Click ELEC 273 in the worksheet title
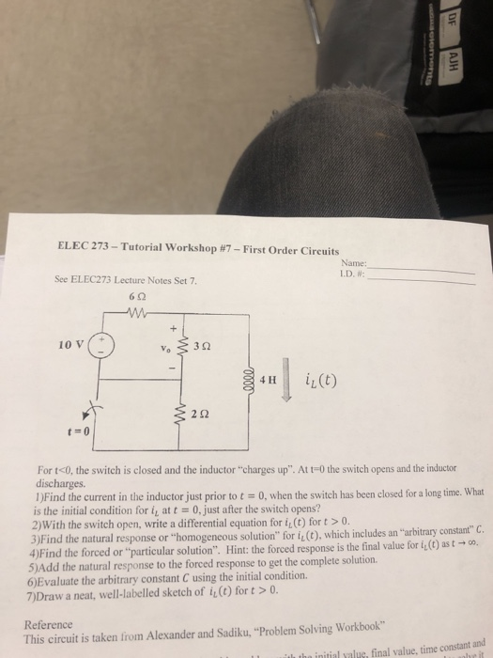[x=72, y=249]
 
